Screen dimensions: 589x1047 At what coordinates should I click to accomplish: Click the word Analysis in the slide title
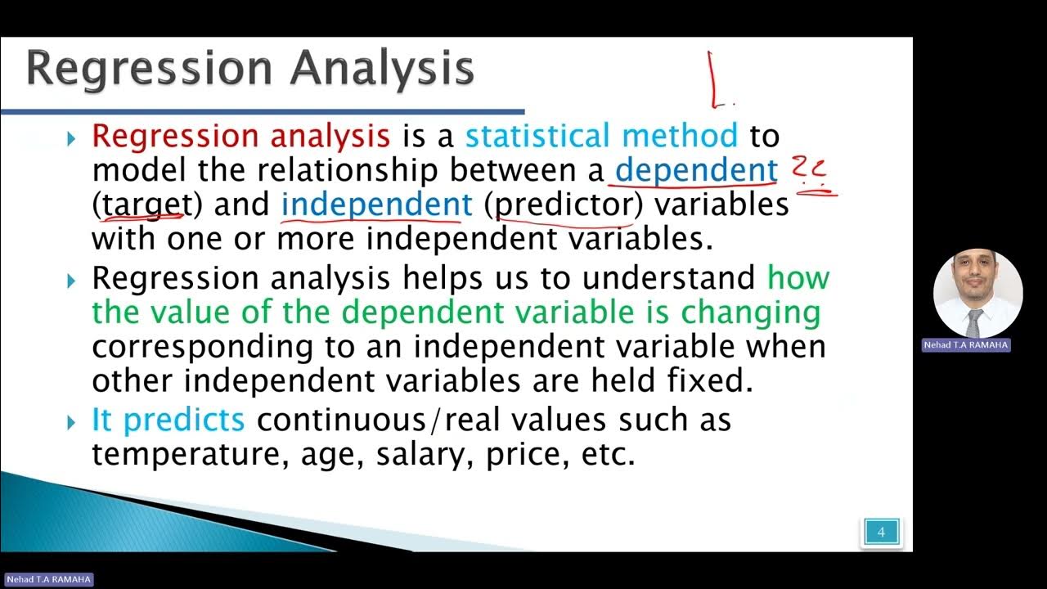pos(382,69)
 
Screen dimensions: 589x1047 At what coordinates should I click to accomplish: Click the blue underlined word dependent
pos(695,170)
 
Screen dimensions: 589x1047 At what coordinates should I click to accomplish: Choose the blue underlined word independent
pos(376,205)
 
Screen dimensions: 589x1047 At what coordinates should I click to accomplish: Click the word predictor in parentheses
pos(564,205)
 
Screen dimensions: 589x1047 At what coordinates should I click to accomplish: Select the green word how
pos(798,278)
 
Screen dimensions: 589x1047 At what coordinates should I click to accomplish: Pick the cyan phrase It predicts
pos(168,420)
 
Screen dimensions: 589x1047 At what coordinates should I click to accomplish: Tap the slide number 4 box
pos(881,532)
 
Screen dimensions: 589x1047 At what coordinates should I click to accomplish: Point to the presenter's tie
pos(974,323)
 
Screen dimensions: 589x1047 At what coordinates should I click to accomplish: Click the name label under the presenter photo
pos(966,345)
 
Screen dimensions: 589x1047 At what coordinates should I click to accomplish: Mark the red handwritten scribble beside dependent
pos(811,175)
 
